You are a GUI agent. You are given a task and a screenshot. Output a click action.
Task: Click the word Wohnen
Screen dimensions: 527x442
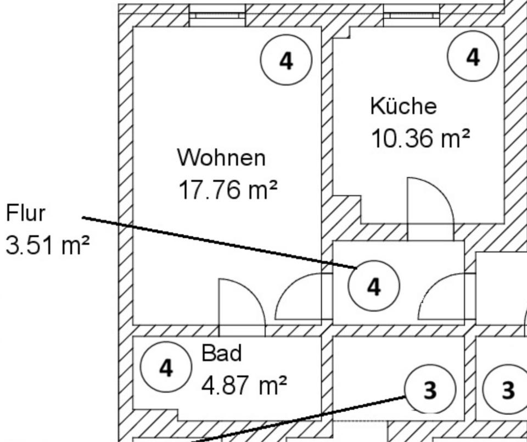click(x=221, y=158)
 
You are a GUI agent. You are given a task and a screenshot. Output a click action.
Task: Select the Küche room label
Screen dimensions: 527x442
click(x=403, y=106)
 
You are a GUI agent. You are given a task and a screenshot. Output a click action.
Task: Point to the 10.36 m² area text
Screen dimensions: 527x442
click(x=421, y=138)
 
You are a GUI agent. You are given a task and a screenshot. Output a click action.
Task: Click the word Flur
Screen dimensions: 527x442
click(x=25, y=213)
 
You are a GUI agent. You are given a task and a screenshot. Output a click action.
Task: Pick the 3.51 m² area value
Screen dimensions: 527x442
click(x=47, y=245)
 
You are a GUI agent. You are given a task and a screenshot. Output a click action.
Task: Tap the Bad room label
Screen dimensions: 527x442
click(x=222, y=353)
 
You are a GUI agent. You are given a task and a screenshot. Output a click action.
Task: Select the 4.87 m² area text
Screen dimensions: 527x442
click(x=244, y=385)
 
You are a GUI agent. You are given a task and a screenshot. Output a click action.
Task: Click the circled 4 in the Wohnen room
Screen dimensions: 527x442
click(x=286, y=60)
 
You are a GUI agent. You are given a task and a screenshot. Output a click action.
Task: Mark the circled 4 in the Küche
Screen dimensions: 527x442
click(x=473, y=57)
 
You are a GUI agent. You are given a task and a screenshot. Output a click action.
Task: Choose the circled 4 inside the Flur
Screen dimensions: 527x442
click(x=374, y=286)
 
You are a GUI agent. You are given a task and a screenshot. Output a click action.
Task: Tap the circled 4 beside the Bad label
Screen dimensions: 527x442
click(x=166, y=367)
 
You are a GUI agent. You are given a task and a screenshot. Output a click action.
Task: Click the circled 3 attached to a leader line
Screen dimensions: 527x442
click(x=430, y=389)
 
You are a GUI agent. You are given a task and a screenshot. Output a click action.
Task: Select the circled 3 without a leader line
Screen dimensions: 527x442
click(x=508, y=389)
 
